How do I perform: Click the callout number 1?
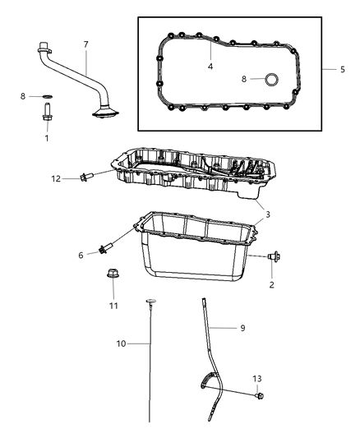47,138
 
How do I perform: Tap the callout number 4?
211,66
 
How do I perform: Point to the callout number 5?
342,70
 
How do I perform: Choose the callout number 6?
81,255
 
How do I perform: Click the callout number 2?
272,284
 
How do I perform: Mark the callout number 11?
113,306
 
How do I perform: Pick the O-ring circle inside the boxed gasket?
267,81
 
